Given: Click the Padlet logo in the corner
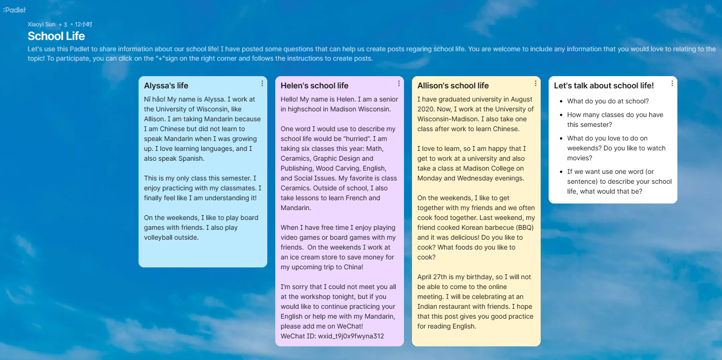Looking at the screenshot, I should click(x=14, y=10).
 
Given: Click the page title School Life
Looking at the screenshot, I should click(x=56, y=36).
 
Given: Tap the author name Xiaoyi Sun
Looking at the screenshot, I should click(x=41, y=24).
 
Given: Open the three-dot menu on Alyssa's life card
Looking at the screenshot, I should click(x=262, y=84).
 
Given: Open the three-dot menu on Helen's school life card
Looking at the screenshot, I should click(x=399, y=84).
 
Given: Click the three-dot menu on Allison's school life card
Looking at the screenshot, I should click(x=536, y=84).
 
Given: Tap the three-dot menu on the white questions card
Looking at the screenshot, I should click(x=672, y=84).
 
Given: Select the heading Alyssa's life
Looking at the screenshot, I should click(x=166, y=86).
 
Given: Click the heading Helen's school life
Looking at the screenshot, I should click(x=314, y=86).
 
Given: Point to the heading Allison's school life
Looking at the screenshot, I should click(x=453, y=86).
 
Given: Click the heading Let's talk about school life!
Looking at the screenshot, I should click(x=604, y=86).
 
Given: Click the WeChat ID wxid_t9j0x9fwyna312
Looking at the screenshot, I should click(x=351, y=336).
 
